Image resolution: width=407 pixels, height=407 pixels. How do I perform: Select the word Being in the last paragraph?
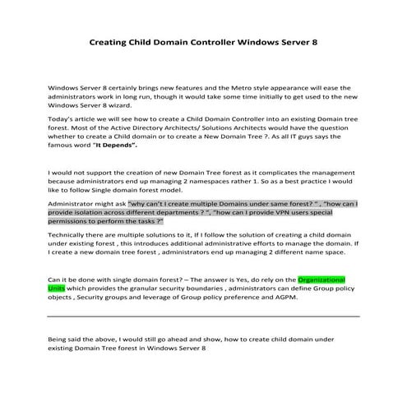(59, 340)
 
